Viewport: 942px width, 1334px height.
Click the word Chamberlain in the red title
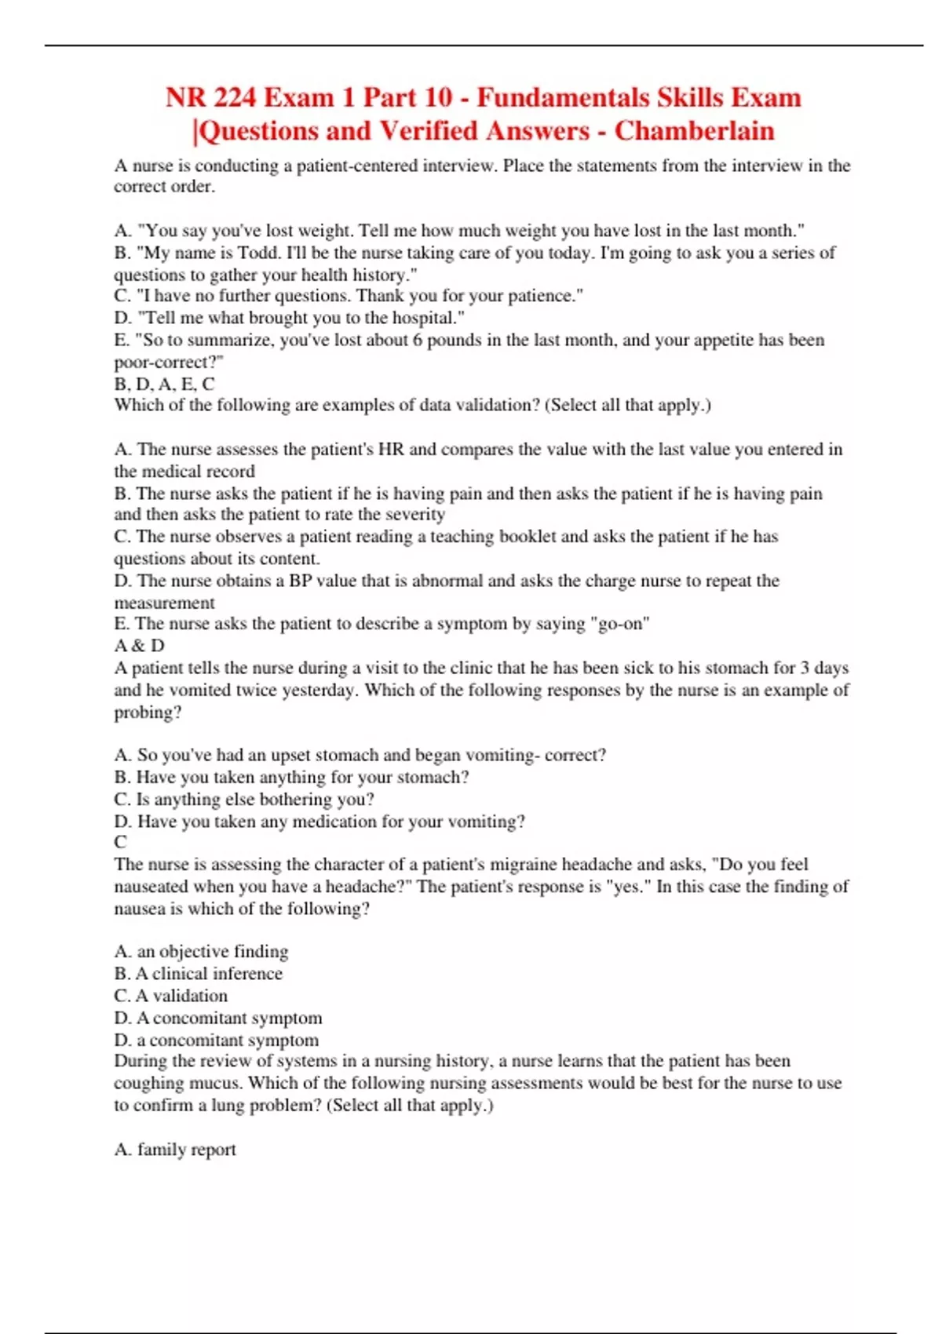694,130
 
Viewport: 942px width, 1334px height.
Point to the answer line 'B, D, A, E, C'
164,384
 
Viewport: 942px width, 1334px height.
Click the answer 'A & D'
140,646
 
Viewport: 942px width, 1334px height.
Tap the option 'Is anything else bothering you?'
254,800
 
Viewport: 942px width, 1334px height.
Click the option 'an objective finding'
212,952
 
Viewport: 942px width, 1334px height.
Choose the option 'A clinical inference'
208,974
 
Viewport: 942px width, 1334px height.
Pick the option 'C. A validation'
171,996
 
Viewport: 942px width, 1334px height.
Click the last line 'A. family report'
175,1150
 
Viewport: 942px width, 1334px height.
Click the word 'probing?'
148,713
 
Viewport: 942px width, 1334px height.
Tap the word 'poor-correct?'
169,363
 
